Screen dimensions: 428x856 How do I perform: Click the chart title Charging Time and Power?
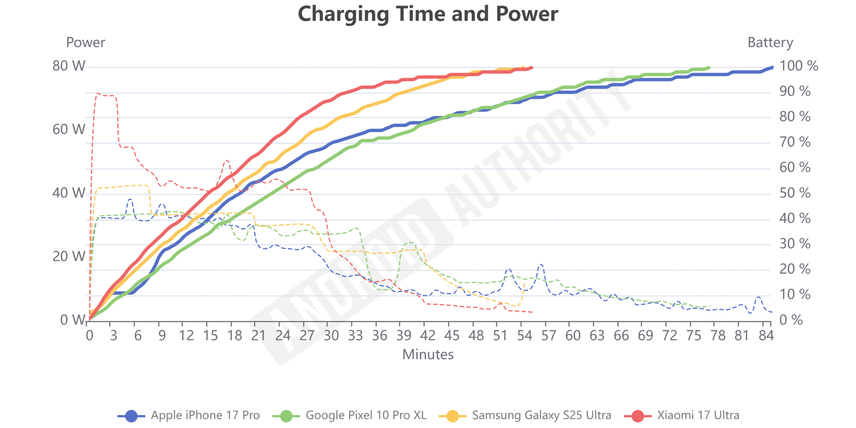(x=428, y=14)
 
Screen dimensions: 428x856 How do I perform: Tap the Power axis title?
(x=86, y=42)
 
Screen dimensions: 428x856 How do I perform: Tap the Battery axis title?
(x=770, y=42)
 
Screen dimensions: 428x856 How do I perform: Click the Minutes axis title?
(x=428, y=354)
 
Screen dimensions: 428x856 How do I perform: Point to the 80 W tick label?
(x=69, y=66)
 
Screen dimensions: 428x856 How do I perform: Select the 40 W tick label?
(x=69, y=193)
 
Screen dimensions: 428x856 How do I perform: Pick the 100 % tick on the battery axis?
(x=798, y=66)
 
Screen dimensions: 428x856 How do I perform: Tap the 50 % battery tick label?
(x=795, y=193)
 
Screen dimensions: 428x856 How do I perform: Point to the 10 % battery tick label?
(x=795, y=295)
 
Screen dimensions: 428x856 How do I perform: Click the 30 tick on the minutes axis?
(x=331, y=335)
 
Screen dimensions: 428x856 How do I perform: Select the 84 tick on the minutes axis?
(x=766, y=335)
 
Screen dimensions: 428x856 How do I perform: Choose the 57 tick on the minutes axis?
(x=549, y=335)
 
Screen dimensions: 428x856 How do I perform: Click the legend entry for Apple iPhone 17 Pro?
(x=205, y=415)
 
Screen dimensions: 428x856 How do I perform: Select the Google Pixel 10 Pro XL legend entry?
(x=366, y=415)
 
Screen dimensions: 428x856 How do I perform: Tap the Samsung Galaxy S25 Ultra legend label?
(x=541, y=415)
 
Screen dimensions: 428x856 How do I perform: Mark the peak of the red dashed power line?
(x=97, y=94)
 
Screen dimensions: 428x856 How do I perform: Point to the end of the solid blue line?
(x=772, y=67)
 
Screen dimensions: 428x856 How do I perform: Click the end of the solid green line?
(x=709, y=68)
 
